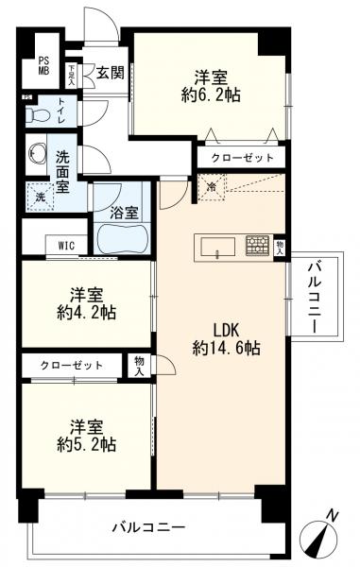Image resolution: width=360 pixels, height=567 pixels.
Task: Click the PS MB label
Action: point(43,63)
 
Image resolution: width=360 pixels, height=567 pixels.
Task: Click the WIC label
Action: point(66,245)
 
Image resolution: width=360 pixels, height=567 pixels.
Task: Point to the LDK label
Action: point(224,330)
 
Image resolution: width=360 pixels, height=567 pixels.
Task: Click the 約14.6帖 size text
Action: point(224,348)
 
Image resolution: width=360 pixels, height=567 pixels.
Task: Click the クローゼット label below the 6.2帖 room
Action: point(242,158)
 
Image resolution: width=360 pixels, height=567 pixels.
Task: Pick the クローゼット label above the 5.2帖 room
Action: point(71,364)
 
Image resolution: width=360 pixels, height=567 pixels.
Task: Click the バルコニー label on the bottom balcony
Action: point(151,525)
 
